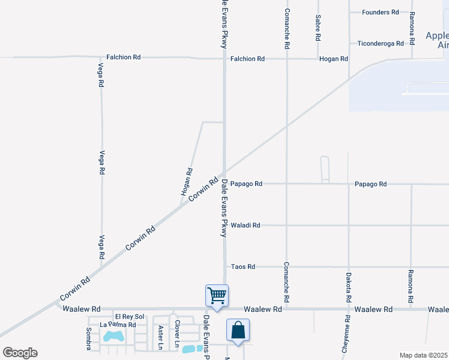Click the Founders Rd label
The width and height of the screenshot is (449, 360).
380,12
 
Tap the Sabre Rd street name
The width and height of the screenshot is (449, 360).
318,28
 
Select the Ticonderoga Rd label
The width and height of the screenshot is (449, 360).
380,43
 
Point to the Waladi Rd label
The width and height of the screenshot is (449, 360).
245,226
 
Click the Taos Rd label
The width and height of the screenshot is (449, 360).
243,266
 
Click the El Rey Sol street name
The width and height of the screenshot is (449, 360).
130,316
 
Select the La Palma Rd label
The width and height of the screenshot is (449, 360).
118,325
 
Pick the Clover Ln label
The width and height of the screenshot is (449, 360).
178,334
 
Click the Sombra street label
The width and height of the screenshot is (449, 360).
88,338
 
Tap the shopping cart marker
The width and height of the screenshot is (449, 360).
217,295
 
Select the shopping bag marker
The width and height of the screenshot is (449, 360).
238,330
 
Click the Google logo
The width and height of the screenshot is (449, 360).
20,353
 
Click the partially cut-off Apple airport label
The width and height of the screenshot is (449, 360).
437,40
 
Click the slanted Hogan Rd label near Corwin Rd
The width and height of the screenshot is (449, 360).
187,182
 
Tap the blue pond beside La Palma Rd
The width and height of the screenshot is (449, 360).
113,336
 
